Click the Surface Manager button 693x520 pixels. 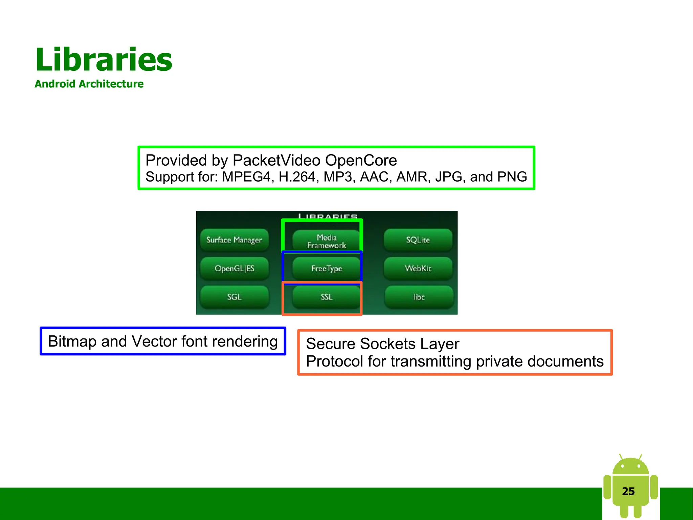(234, 240)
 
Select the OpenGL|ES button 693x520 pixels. (234, 268)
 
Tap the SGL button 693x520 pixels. (234, 297)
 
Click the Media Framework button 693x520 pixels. (327, 241)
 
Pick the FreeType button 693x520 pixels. (327, 268)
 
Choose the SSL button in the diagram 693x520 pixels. (327, 297)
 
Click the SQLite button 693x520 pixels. (418, 240)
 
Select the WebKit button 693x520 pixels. (418, 268)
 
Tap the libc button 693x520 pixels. (419, 297)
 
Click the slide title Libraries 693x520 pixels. (104, 60)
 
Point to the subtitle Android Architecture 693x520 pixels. (89, 84)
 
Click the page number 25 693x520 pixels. (628, 491)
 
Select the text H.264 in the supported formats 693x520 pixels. (297, 177)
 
